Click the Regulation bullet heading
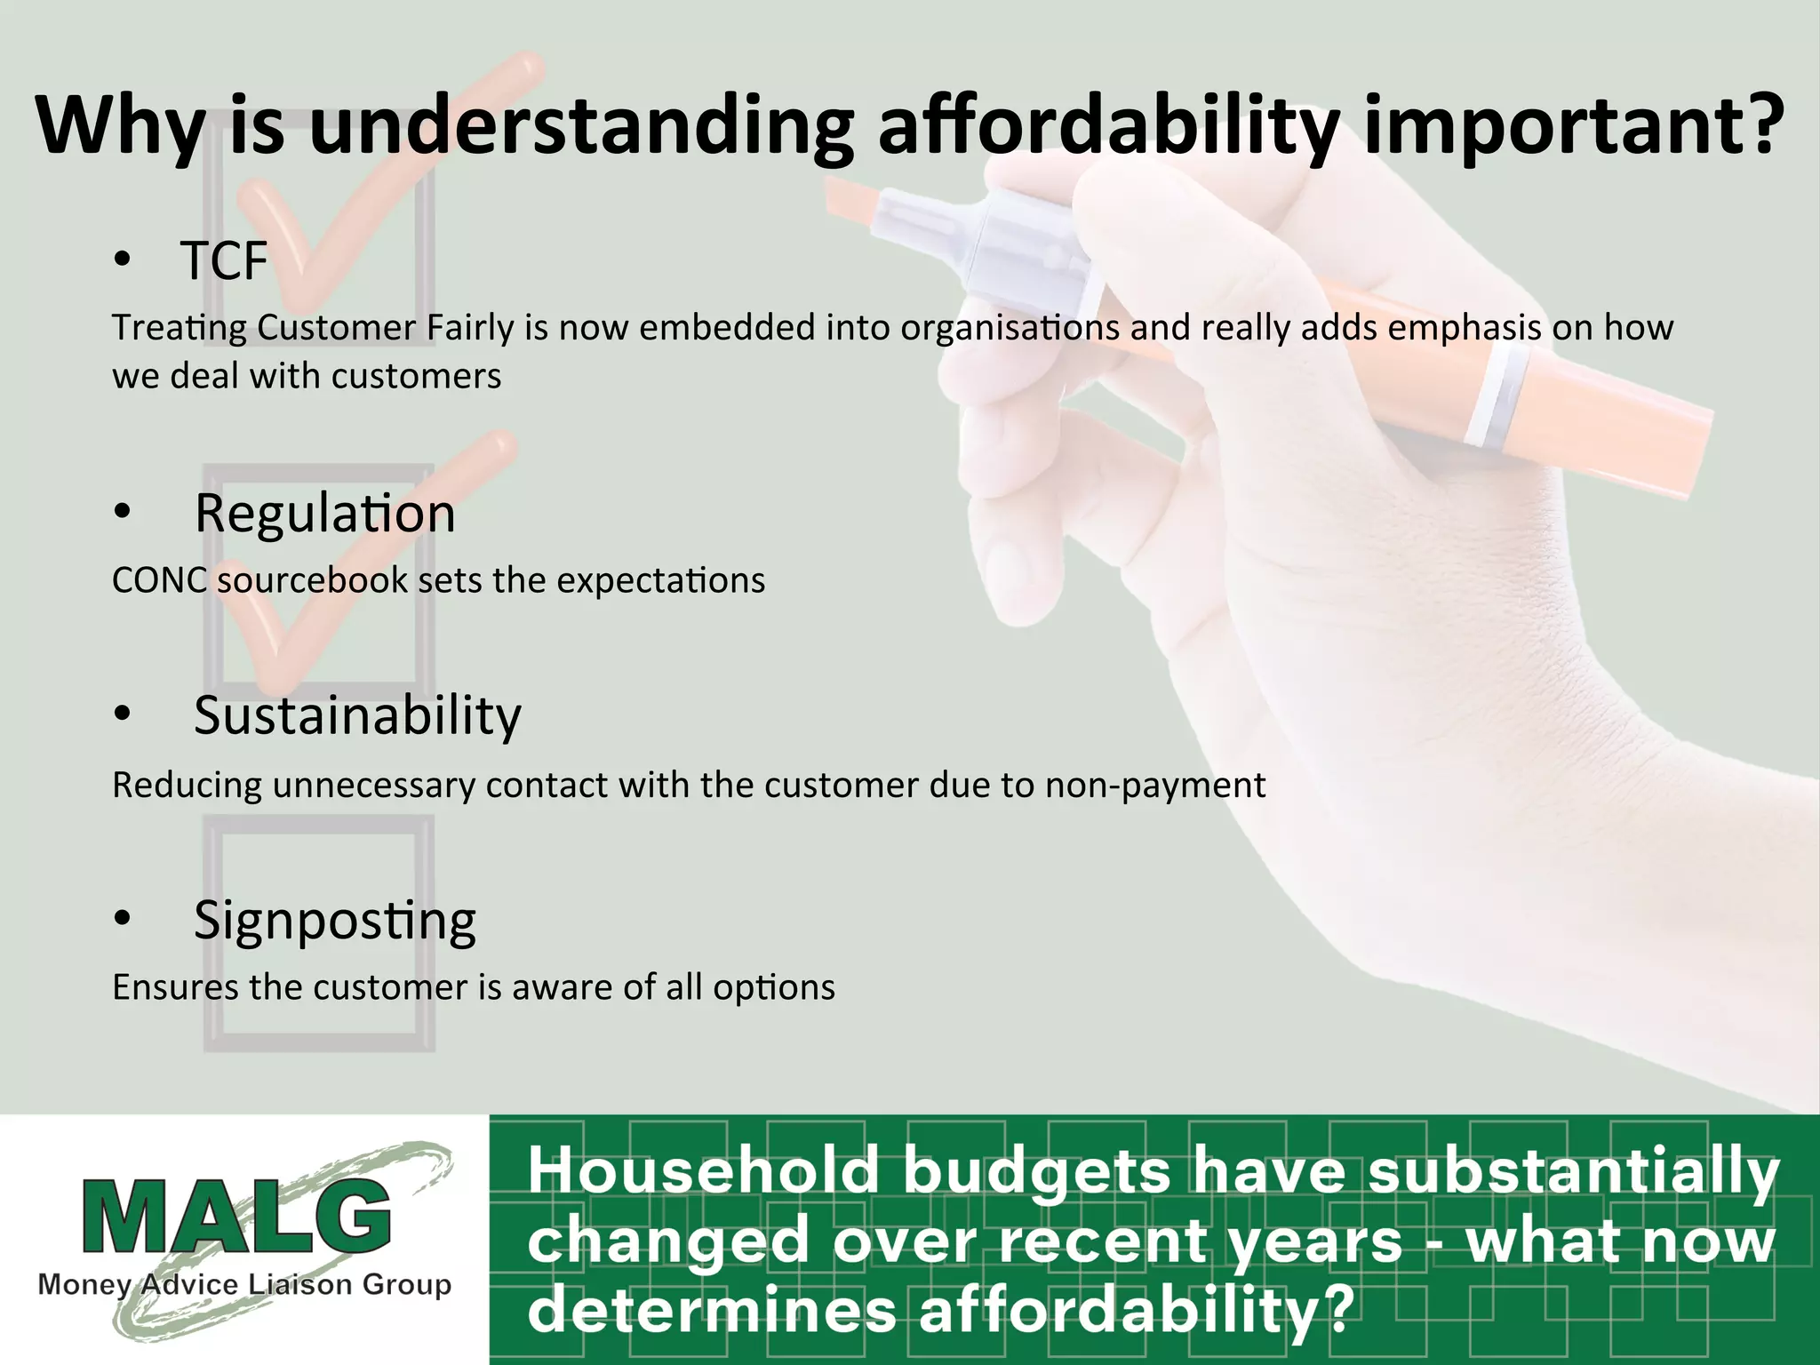324,514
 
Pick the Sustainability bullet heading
357,715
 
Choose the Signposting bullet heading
334,920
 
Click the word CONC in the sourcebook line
159,580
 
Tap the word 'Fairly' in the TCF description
470,328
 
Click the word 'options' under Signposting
773,987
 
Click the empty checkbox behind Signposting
319,933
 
